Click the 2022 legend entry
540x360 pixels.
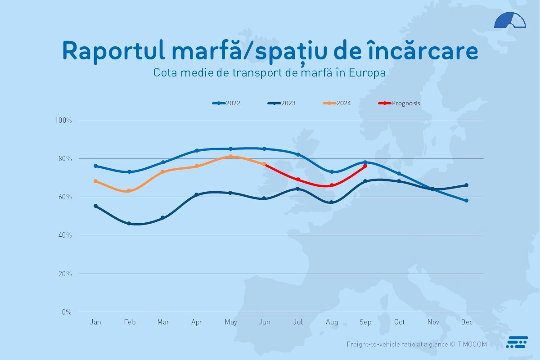226,103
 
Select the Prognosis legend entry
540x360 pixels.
399,103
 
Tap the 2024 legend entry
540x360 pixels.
337,103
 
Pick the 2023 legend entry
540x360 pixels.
281,103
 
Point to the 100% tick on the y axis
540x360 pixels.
63,120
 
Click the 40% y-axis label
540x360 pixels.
65,235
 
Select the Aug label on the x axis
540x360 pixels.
332,322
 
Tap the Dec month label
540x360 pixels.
467,322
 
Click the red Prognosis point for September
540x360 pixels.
365,166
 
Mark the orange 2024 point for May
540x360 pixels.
230,157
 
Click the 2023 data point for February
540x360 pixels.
129,224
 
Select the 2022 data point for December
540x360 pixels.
467,201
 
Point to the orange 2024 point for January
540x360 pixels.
95,181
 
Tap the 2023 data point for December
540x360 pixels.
467,185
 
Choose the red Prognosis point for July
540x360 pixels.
298,180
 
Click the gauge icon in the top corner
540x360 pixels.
510,20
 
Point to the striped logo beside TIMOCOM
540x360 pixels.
517,342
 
